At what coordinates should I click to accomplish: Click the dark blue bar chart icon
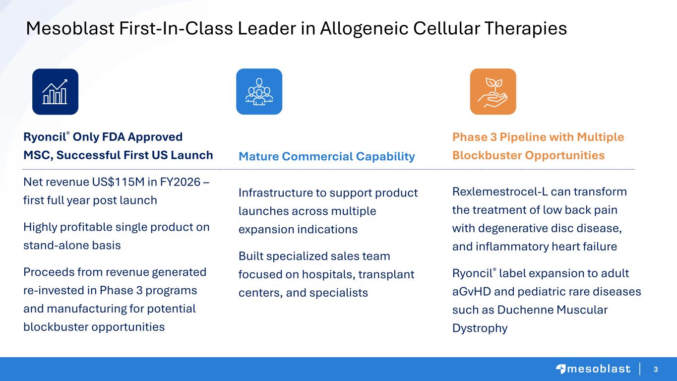[x=56, y=92]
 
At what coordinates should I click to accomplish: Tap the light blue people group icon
[x=259, y=92]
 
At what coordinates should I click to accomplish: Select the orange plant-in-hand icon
[x=493, y=92]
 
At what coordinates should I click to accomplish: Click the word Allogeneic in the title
[x=364, y=29]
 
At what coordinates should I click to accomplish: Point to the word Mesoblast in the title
[x=70, y=28]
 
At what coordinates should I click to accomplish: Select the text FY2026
[x=180, y=182]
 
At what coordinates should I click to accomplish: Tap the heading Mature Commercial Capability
[x=327, y=156]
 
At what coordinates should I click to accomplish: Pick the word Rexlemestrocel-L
[x=500, y=191]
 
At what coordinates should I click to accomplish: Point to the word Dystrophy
[x=480, y=328]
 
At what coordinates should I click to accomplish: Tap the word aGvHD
[x=472, y=292]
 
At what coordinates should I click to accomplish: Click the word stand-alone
[x=56, y=245]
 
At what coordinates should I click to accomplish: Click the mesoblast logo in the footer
[x=593, y=369]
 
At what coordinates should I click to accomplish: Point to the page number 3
[x=656, y=369]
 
